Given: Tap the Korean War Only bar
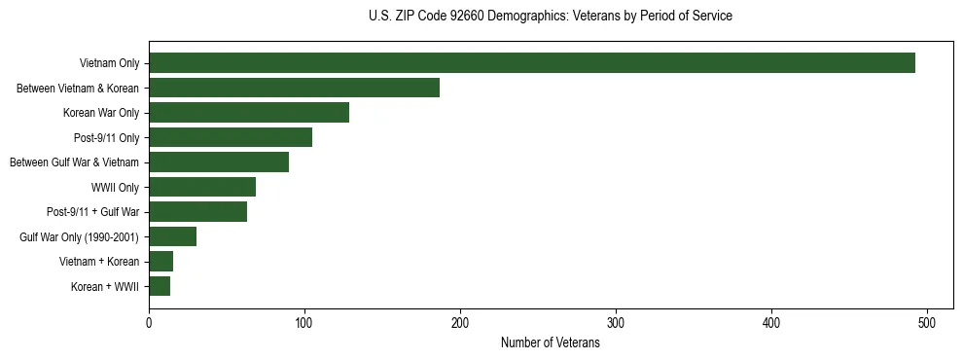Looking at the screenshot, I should click(x=249, y=113).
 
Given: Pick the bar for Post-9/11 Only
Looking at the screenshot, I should click(x=231, y=137).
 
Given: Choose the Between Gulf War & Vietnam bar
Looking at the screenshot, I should click(x=219, y=162).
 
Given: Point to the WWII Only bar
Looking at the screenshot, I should click(x=202, y=187).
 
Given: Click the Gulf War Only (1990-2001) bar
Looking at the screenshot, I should click(x=172, y=236).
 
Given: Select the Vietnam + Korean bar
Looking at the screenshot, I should click(x=160, y=262).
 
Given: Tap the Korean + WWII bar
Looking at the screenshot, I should click(x=160, y=286).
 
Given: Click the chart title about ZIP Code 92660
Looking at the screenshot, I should click(x=551, y=17).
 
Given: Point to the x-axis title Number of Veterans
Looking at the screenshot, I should click(x=551, y=343).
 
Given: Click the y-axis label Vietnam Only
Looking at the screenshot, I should click(x=109, y=64).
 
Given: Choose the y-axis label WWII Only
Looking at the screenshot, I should click(x=114, y=188).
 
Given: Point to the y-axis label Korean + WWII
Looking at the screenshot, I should click(x=105, y=287).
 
